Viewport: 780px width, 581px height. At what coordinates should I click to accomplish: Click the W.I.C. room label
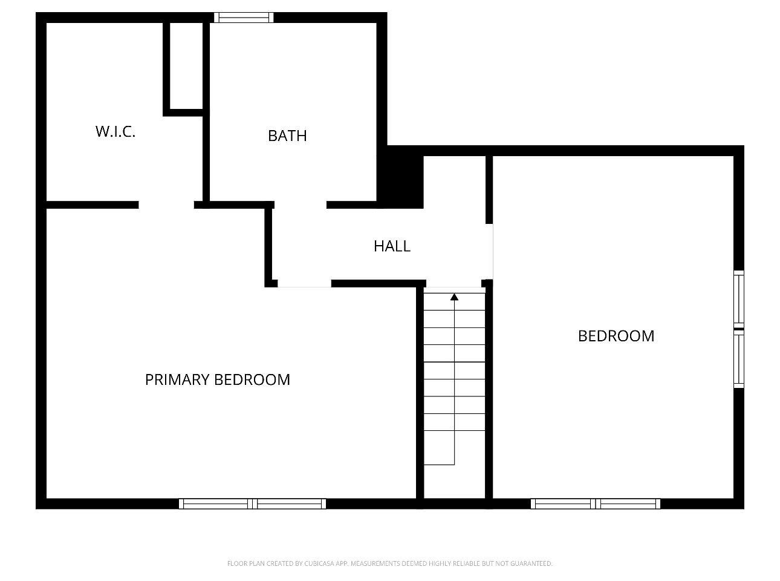click(115, 131)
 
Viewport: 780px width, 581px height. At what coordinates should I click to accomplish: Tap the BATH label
click(287, 136)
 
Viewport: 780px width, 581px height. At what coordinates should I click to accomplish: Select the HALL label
click(392, 246)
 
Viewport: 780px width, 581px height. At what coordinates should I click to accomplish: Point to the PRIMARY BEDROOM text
click(217, 379)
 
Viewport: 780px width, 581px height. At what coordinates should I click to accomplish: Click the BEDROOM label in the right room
click(616, 336)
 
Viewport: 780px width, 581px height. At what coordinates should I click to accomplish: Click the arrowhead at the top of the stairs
click(454, 297)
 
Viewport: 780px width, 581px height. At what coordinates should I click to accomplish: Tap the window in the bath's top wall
click(244, 18)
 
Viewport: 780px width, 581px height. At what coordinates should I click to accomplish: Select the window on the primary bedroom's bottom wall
click(252, 504)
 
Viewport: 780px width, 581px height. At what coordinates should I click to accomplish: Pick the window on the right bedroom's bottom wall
click(596, 504)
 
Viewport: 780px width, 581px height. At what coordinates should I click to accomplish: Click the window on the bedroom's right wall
click(739, 329)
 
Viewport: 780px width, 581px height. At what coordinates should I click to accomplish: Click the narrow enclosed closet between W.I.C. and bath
click(186, 66)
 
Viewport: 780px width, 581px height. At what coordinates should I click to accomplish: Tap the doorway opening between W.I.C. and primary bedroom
click(166, 205)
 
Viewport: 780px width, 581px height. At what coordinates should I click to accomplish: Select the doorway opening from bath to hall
click(301, 205)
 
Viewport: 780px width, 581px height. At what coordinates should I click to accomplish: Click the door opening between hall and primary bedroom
click(305, 284)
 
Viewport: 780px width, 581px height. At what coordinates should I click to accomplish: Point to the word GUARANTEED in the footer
click(531, 563)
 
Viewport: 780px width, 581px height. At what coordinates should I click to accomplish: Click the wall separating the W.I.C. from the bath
click(206, 112)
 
